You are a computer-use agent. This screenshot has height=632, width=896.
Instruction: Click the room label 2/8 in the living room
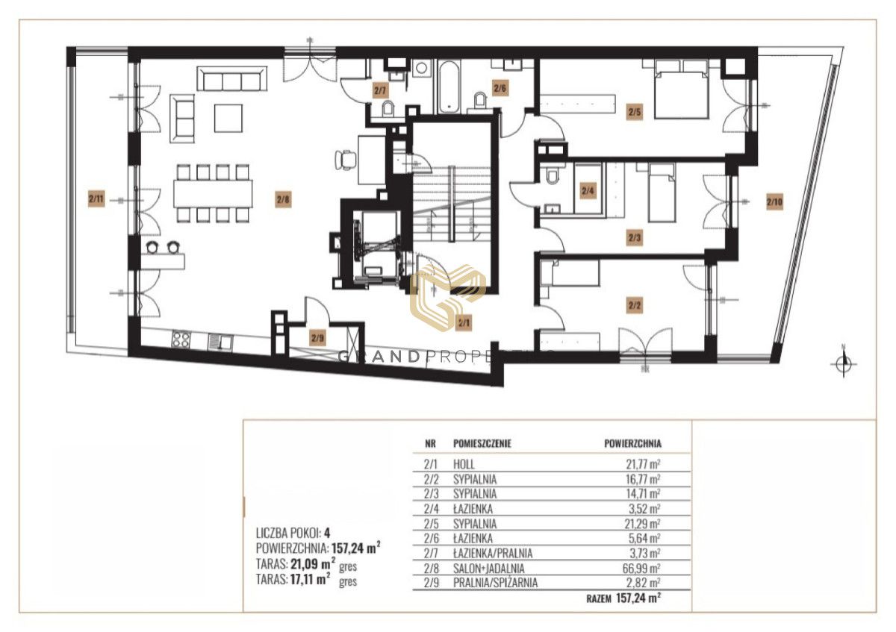(283, 198)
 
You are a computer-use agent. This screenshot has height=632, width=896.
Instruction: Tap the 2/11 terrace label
(96, 198)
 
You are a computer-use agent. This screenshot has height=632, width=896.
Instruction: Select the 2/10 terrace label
(774, 201)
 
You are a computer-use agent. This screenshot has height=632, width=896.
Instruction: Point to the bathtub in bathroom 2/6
(449, 87)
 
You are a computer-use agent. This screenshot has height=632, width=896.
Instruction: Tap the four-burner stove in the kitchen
(181, 340)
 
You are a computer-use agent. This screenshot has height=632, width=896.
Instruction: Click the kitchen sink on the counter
(220, 342)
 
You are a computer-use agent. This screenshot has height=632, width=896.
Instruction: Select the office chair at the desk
(346, 160)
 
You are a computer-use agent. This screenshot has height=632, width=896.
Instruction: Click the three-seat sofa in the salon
(232, 79)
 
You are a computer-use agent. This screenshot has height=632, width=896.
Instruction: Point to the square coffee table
(228, 119)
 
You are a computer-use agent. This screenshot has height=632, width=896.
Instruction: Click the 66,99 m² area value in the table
(644, 568)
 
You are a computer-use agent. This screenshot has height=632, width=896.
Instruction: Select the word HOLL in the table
(464, 464)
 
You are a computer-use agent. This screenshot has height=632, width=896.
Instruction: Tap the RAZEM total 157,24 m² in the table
(623, 598)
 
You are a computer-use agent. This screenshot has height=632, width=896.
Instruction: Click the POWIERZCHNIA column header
(632, 443)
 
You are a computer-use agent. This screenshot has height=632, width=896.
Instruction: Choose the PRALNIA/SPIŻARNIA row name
(495, 583)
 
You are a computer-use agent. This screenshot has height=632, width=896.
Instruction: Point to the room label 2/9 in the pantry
(317, 339)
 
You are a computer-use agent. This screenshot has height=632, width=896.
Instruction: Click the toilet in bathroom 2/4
(553, 176)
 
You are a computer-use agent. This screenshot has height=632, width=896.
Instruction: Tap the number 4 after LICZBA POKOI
(327, 533)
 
